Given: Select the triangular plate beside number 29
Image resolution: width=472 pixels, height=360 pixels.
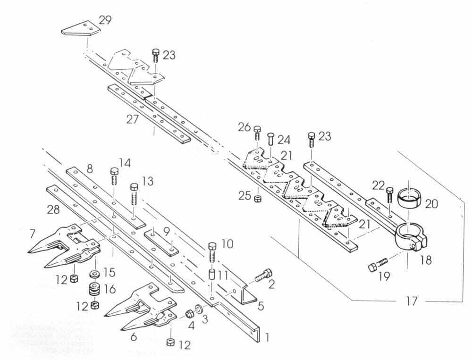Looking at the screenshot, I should click(80, 29).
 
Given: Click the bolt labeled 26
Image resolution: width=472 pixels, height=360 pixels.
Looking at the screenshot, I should click(257, 133).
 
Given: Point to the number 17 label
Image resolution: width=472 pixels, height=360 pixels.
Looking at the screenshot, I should click(412, 301).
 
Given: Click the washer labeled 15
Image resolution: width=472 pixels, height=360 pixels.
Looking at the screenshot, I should click(93, 274).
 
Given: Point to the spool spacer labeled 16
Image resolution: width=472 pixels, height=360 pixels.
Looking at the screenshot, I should click(94, 289).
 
